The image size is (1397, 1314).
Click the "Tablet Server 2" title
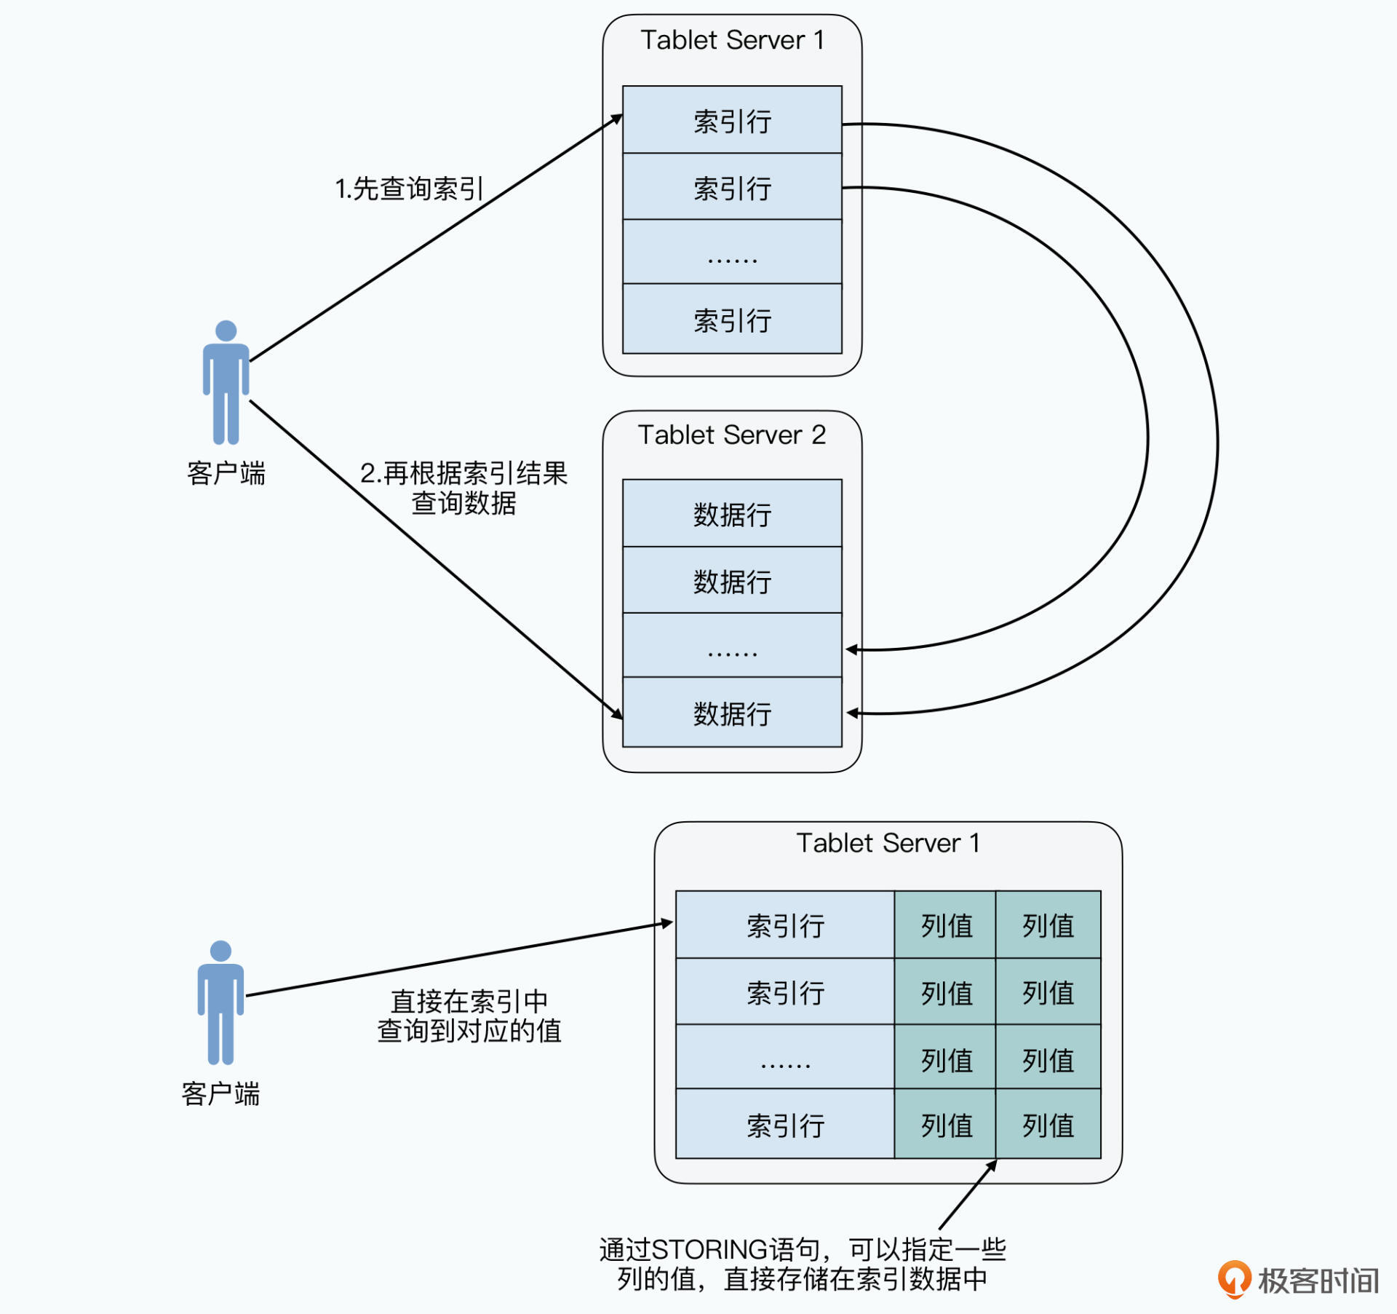(731, 435)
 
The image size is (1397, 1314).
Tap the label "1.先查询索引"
(409, 189)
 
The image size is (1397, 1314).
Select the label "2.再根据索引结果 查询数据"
(463, 488)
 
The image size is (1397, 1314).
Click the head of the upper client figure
(226, 331)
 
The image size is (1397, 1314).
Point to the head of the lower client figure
(220, 951)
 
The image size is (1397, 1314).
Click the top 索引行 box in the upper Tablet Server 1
(732, 120)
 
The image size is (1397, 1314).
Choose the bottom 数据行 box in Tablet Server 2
(732, 713)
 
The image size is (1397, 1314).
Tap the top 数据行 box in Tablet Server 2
(732, 513)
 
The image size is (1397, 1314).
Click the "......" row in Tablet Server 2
(732, 646)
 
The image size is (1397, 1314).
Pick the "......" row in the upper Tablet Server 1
(732, 252)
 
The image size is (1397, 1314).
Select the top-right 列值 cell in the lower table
(1048, 925)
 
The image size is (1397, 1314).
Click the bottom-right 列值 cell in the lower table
(1048, 1125)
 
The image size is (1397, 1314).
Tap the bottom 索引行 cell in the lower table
(785, 1125)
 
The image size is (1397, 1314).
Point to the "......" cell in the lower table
(785, 1058)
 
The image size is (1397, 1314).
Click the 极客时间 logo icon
(1234, 1279)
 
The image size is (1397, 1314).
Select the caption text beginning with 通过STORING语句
(803, 1264)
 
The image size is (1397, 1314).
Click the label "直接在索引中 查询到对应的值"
(469, 1016)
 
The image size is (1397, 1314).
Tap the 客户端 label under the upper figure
(226, 473)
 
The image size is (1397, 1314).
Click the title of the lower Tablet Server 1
(888, 843)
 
